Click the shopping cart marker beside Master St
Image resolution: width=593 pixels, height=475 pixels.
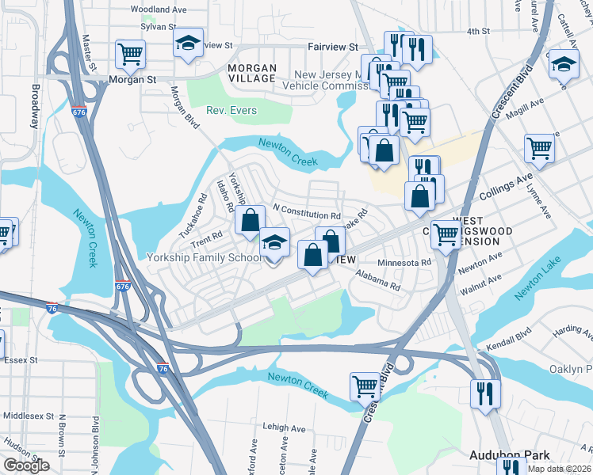(x=129, y=55)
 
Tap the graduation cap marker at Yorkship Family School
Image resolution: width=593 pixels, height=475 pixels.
(x=275, y=244)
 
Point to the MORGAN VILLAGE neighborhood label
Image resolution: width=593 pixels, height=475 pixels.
(x=251, y=73)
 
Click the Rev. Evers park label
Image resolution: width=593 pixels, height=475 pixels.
(x=231, y=110)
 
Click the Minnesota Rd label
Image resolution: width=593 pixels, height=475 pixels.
(x=404, y=262)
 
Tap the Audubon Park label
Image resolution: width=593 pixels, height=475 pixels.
(x=509, y=455)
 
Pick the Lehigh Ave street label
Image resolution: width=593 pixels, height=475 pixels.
(x=284, y=428)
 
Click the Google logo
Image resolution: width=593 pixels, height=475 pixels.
(x=26, y=465)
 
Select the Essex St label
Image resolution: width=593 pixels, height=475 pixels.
(x=21, y=359)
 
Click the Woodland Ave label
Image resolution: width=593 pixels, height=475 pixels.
(x=158, y=9)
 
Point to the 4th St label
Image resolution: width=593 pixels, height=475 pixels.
(x=478, y=31)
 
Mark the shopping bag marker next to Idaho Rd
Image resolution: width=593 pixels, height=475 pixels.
(x=250, y=222)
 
